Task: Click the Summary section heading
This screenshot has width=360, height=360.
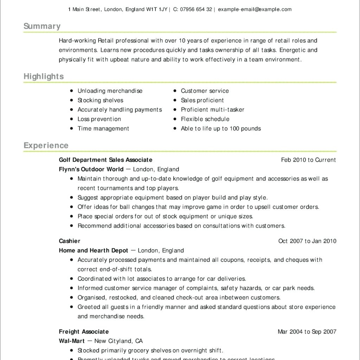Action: (42, 26)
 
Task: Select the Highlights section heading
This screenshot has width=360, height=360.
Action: (44, 77)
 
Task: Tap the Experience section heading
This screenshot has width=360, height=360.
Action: (46, 146)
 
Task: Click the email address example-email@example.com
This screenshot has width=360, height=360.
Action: (255, 9)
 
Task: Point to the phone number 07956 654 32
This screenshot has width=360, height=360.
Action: (196, 9)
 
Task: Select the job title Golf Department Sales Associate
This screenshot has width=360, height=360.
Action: (105, 160)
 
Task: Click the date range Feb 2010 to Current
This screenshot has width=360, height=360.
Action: (308, 160)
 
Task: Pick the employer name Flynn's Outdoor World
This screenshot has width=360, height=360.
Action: (91, 169)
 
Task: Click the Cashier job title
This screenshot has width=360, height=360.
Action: (70, 241)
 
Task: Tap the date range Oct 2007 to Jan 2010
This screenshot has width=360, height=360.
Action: (307, 241)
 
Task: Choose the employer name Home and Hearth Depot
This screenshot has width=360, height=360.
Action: (94, 251)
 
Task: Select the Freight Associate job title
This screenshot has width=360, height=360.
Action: (84, 332)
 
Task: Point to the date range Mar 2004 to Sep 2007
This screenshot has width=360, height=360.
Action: (307, 332)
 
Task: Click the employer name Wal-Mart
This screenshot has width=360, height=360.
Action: (72, 341)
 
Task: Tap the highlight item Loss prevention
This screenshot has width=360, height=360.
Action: (99, 119)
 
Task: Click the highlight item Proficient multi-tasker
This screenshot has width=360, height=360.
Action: (212, 110)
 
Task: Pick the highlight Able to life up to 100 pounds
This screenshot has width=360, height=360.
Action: (221, 129)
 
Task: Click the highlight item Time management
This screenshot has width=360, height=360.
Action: (103, 129)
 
